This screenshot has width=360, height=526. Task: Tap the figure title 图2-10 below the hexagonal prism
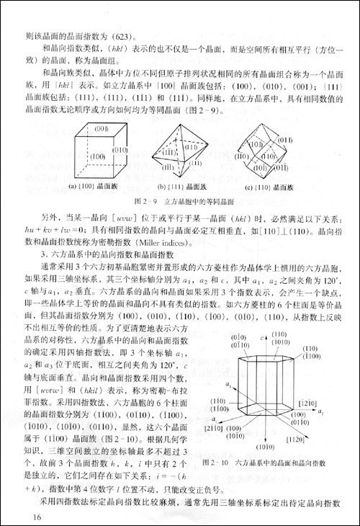click(269, 462)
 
